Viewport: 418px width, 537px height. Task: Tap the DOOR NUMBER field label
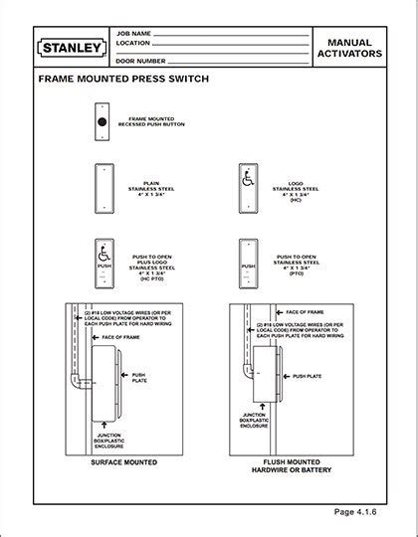139,63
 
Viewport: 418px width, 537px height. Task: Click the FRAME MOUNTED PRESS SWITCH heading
122,78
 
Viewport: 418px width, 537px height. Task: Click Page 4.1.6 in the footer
361,512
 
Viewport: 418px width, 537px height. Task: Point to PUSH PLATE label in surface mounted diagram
140,378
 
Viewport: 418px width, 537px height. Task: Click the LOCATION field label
132,44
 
